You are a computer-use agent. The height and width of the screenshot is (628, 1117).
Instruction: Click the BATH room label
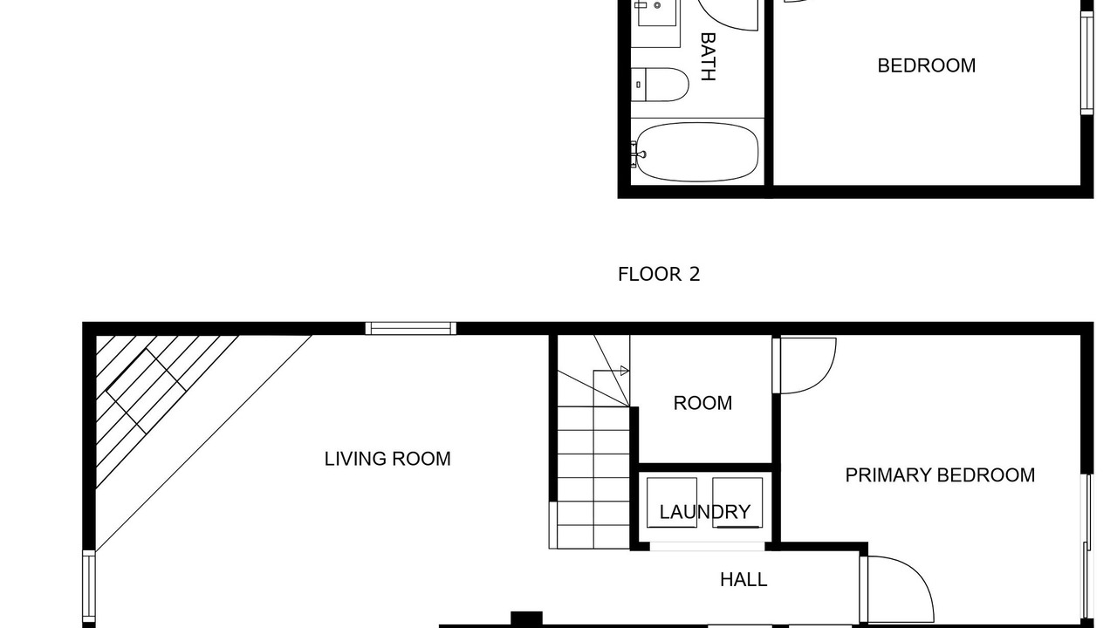coord(709,57)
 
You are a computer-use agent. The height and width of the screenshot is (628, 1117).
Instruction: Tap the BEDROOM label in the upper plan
coord(927,65)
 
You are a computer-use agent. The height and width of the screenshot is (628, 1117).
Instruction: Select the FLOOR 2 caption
coord(659,274)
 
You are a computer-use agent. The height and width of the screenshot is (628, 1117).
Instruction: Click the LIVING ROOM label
coord(387,459)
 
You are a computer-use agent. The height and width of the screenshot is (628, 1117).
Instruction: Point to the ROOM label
coord(702,403)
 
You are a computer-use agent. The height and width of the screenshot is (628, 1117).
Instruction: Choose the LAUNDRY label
coord(705,512)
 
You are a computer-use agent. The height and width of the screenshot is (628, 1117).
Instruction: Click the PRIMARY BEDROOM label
coord(940,475)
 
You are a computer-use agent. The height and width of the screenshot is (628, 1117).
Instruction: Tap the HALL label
coord(744,580)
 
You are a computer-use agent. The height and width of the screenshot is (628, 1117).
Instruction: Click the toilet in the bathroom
coord(660,85)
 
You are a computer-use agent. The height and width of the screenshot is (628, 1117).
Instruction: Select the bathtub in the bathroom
coord(697,152)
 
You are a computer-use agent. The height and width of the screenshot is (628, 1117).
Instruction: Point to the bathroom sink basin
coord(657,11)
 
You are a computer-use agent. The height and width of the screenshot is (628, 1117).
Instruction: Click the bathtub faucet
coord(638,154)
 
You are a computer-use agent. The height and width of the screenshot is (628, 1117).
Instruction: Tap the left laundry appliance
coord(672,502)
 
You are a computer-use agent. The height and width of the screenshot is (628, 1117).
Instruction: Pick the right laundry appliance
coord(737,502)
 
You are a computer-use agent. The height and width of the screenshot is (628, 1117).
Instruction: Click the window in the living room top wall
coord(411,329)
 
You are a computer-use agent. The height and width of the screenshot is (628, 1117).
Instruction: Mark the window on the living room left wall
coord(89,586)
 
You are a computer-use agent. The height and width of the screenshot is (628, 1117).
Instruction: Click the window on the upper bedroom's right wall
coord(1087,63)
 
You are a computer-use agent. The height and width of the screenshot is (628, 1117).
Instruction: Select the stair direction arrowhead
coord(624,371)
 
